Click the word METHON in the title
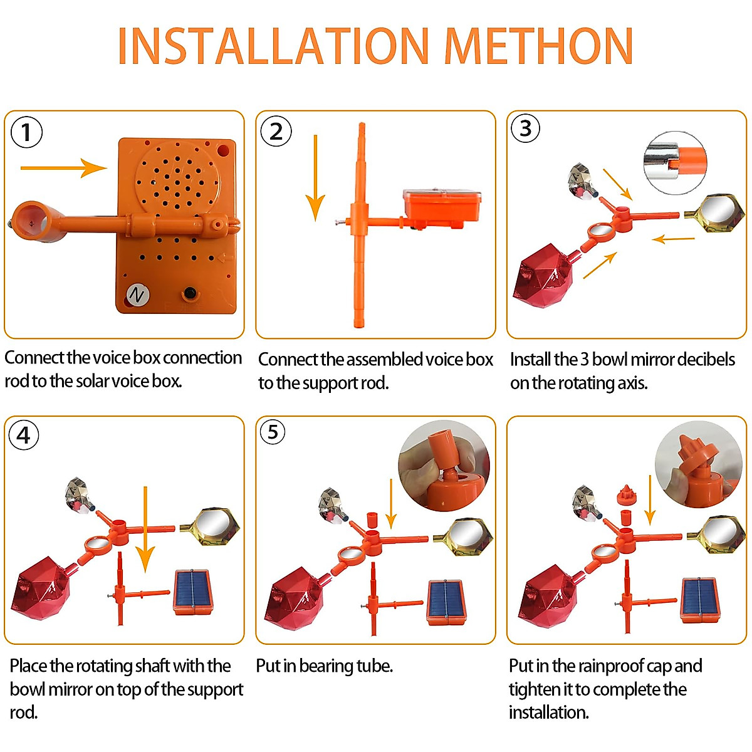[x=539, y=47]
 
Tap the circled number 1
[x=26, y=132]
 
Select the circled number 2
[x=276, y=132]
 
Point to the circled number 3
[x=526, y=128]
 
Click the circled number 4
[x=24, y=435]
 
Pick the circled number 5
[x=273, y=432]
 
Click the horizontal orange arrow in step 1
[x=63, y=168]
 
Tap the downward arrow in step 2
[x=315, y=179]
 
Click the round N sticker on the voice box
[x=137, y=295]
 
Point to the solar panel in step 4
[x=194, y=592]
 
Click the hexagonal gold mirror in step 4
[x=210, y=526]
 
